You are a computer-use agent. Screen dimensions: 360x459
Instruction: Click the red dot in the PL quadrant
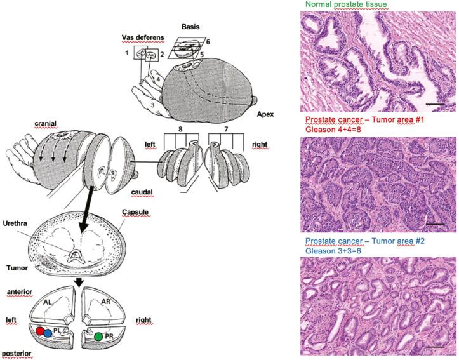point(39,331)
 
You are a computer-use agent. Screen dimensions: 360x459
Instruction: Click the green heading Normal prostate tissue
point(346,5)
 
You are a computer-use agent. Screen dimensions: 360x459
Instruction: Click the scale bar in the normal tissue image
point(435,102)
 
